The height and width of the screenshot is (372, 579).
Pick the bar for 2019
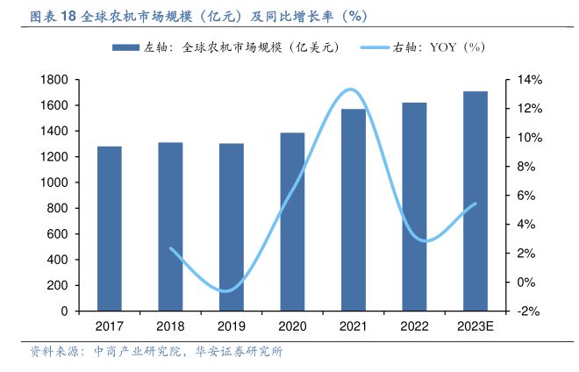point(232,227)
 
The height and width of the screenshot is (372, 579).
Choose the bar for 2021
point(354,210)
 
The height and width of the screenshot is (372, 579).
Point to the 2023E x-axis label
point(475,326)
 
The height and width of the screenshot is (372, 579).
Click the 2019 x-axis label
point(232,326)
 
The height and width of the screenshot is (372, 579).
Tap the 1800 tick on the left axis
point(54,80)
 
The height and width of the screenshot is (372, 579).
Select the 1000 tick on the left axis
point(54,182)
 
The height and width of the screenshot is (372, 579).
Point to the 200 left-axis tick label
point(58,285)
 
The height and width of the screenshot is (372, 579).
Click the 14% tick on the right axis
point(530,80)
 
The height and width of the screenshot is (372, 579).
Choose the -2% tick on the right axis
point(530,311)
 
